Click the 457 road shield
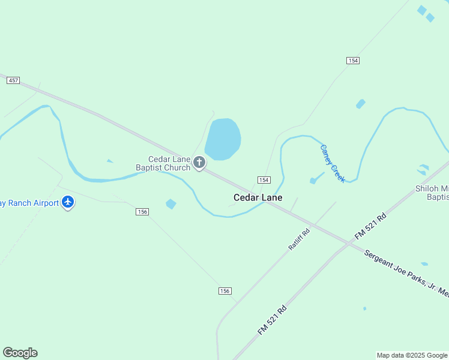13,80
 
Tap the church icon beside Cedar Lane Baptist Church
199,162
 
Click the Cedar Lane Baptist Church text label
169,163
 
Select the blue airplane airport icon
68,202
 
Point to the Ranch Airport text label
29,203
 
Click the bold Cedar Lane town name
258,197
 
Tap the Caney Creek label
333,163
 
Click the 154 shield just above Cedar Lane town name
264,180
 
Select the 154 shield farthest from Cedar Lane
352,61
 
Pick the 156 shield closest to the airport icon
142,212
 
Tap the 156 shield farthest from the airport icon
224,290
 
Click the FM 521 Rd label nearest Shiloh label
370,226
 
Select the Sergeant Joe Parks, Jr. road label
406,273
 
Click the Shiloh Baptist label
432,192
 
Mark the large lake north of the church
223,139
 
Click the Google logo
20,353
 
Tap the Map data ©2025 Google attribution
412,355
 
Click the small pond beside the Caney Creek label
313,180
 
